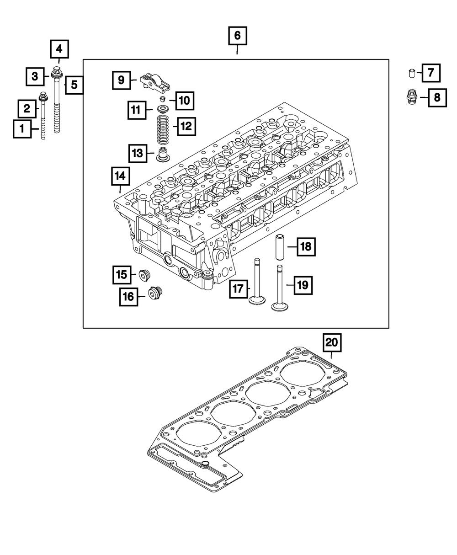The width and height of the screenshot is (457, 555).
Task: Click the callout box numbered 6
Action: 238,36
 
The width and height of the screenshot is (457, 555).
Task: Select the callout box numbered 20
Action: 332,342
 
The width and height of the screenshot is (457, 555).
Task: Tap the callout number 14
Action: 120,176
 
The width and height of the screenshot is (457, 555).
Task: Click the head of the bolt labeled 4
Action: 58,71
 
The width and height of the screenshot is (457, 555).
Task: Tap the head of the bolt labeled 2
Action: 43,96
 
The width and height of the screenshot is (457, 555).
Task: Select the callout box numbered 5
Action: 74,85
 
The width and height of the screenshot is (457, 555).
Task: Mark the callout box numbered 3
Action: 34,76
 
